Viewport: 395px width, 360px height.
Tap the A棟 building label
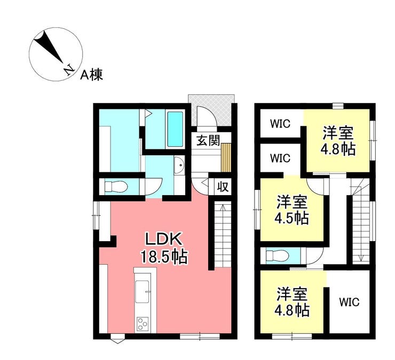tap(92, 75)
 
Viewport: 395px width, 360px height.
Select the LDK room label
tap(164, 239)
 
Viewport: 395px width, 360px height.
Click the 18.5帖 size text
tap(164, 257)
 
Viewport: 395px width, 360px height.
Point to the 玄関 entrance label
tap(208, 140)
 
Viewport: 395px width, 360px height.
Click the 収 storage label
tap(223, 187)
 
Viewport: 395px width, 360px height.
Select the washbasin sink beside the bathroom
tap(179, 165)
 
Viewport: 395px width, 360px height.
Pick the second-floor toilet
tap(277, 256)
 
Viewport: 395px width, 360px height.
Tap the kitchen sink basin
tap(143, 291)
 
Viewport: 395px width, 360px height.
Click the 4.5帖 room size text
tap(292, 218)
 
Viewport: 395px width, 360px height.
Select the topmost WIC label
tap(280, 124)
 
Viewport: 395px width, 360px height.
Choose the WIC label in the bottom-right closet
tap(349, 302)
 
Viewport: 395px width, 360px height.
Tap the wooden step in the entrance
tap(226, 157)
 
